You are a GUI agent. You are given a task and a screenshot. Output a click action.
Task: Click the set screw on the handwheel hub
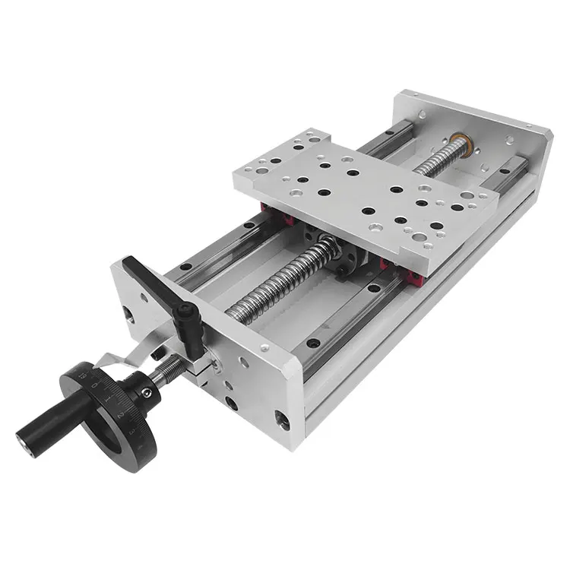coord(146,393)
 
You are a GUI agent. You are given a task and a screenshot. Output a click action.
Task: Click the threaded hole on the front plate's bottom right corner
coord(282,418)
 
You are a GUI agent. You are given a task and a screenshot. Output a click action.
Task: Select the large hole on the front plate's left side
coord(126,312)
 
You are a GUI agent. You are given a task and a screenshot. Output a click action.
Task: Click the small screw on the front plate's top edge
coord(264,348)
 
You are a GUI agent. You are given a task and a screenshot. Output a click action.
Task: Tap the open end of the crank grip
coord(24,439)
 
